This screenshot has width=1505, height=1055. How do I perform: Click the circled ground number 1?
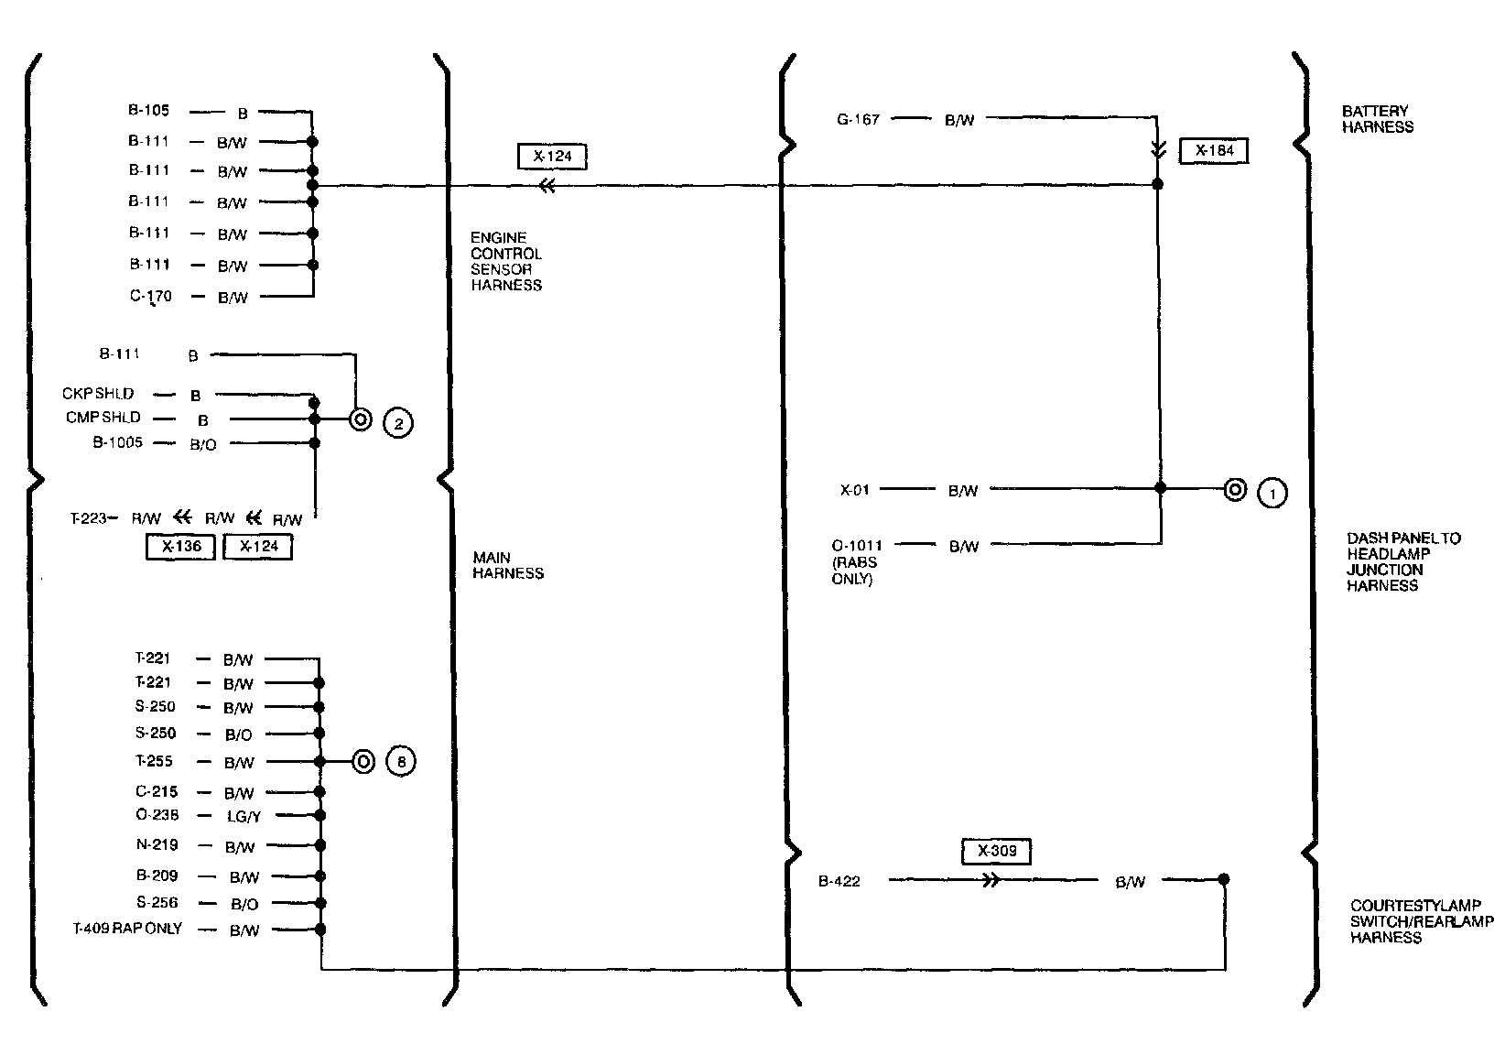(1272, 493)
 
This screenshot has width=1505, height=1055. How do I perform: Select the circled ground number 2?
(398, 423)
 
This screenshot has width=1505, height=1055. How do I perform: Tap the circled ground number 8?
(401, 762)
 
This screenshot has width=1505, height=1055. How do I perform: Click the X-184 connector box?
(1214, 150)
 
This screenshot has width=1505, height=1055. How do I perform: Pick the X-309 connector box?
(996, 851)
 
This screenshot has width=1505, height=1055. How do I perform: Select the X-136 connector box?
(180, 547)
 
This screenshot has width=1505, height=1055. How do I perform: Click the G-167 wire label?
(858, 119)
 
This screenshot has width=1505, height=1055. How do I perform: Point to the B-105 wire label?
(148, 112)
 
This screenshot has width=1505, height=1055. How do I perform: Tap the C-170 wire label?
(150, 297)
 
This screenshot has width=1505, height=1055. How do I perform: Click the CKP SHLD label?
(98, 394)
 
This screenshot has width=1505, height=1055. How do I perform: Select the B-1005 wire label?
(117, 442)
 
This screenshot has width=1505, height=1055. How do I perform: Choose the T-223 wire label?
(89, 518)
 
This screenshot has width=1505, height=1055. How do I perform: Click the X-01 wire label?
(854, 490)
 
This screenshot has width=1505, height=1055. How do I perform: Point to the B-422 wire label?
(839, 882)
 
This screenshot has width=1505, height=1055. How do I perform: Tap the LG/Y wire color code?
(244, 817)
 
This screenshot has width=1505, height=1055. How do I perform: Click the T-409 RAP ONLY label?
(127, 929)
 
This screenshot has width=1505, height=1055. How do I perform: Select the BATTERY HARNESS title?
(1377, 119)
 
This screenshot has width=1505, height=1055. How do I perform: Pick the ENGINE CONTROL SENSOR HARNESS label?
(506, 261)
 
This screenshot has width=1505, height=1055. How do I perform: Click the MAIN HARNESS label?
(508, 565)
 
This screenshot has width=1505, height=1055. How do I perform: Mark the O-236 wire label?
(157, 815)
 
